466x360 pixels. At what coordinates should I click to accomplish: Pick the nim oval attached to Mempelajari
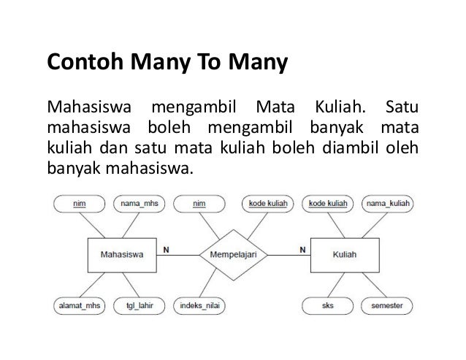point(199,204)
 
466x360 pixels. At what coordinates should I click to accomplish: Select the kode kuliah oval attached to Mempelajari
point(267,204)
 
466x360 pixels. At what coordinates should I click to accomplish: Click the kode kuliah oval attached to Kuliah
point(328,204)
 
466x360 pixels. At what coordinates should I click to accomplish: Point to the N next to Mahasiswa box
point(166,248)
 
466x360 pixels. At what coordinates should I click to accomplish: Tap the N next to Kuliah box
point(302,248)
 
